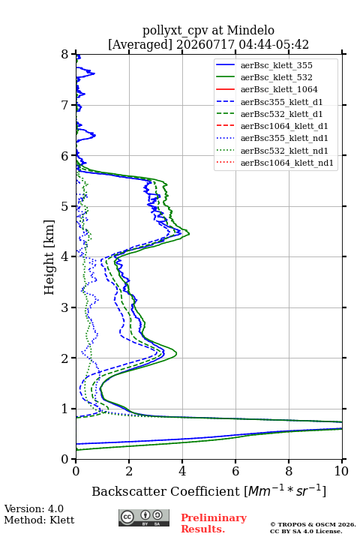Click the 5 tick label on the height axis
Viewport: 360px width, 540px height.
tap(65, 207)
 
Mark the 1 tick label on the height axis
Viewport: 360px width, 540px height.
tap(65, 409)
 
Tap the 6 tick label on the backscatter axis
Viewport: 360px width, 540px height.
tap(235, 471)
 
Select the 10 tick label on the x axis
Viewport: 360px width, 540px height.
tap(341, 471)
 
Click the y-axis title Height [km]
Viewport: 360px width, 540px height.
tap(49, 257)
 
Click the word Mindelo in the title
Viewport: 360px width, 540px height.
tap(250, 30)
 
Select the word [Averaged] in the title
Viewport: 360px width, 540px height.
tap(140, 44)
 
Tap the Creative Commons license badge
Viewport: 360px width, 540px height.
tap(144, 518)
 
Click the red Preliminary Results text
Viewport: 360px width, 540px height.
tap(214, 523)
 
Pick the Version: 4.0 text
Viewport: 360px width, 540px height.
tap(34, 508)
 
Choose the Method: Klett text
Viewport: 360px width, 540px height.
tap(39, 520)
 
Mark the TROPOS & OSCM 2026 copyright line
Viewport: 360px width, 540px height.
tap(313, 524)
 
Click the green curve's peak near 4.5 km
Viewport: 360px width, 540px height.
tap(189, 234)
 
